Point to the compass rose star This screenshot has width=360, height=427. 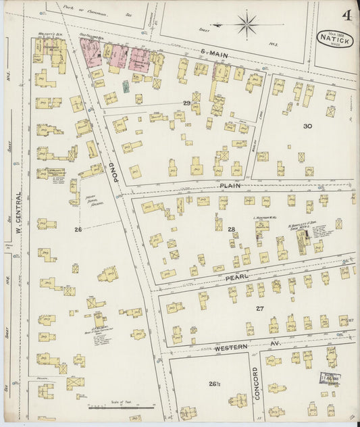click(x=247, y=26)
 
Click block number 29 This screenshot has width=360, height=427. click(x=186, y=103)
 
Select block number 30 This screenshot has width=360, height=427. click(x=307, y=126)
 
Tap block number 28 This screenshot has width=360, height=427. click(x=231, y=230)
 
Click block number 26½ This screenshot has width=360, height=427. click(x=215, y=384)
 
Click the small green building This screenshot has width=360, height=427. click(x=126, y=86)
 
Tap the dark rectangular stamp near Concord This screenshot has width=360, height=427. click(x=330, y=379)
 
